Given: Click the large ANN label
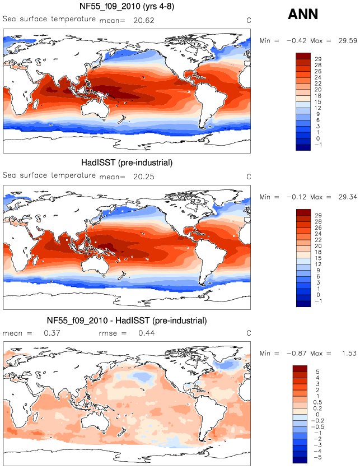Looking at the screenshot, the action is (303, 14).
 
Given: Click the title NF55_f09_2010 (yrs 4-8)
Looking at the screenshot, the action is (127, 6).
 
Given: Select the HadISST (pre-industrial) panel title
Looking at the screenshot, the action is (127, 162).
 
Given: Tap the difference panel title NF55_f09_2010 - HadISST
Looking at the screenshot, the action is (127, 321).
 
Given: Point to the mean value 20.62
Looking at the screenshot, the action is (144, 20).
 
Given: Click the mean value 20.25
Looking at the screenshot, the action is (144, 177).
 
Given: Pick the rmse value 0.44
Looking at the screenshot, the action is (146, 333).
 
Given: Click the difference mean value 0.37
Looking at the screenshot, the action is (52, 333).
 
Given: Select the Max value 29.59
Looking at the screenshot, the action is (348, 41).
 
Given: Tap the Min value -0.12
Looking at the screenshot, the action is (296, 197).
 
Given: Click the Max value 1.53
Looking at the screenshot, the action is (349, 353).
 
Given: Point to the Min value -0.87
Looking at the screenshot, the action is (296, 353).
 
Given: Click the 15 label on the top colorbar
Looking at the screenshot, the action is (317, 101).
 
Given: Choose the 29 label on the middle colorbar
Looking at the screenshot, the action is (318, 215).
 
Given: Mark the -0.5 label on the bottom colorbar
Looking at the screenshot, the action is (317, 427).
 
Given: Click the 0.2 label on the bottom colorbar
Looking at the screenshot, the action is (317, 408).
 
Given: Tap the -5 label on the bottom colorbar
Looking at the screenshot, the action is (317, 457).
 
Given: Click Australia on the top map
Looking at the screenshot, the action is (95, 108).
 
